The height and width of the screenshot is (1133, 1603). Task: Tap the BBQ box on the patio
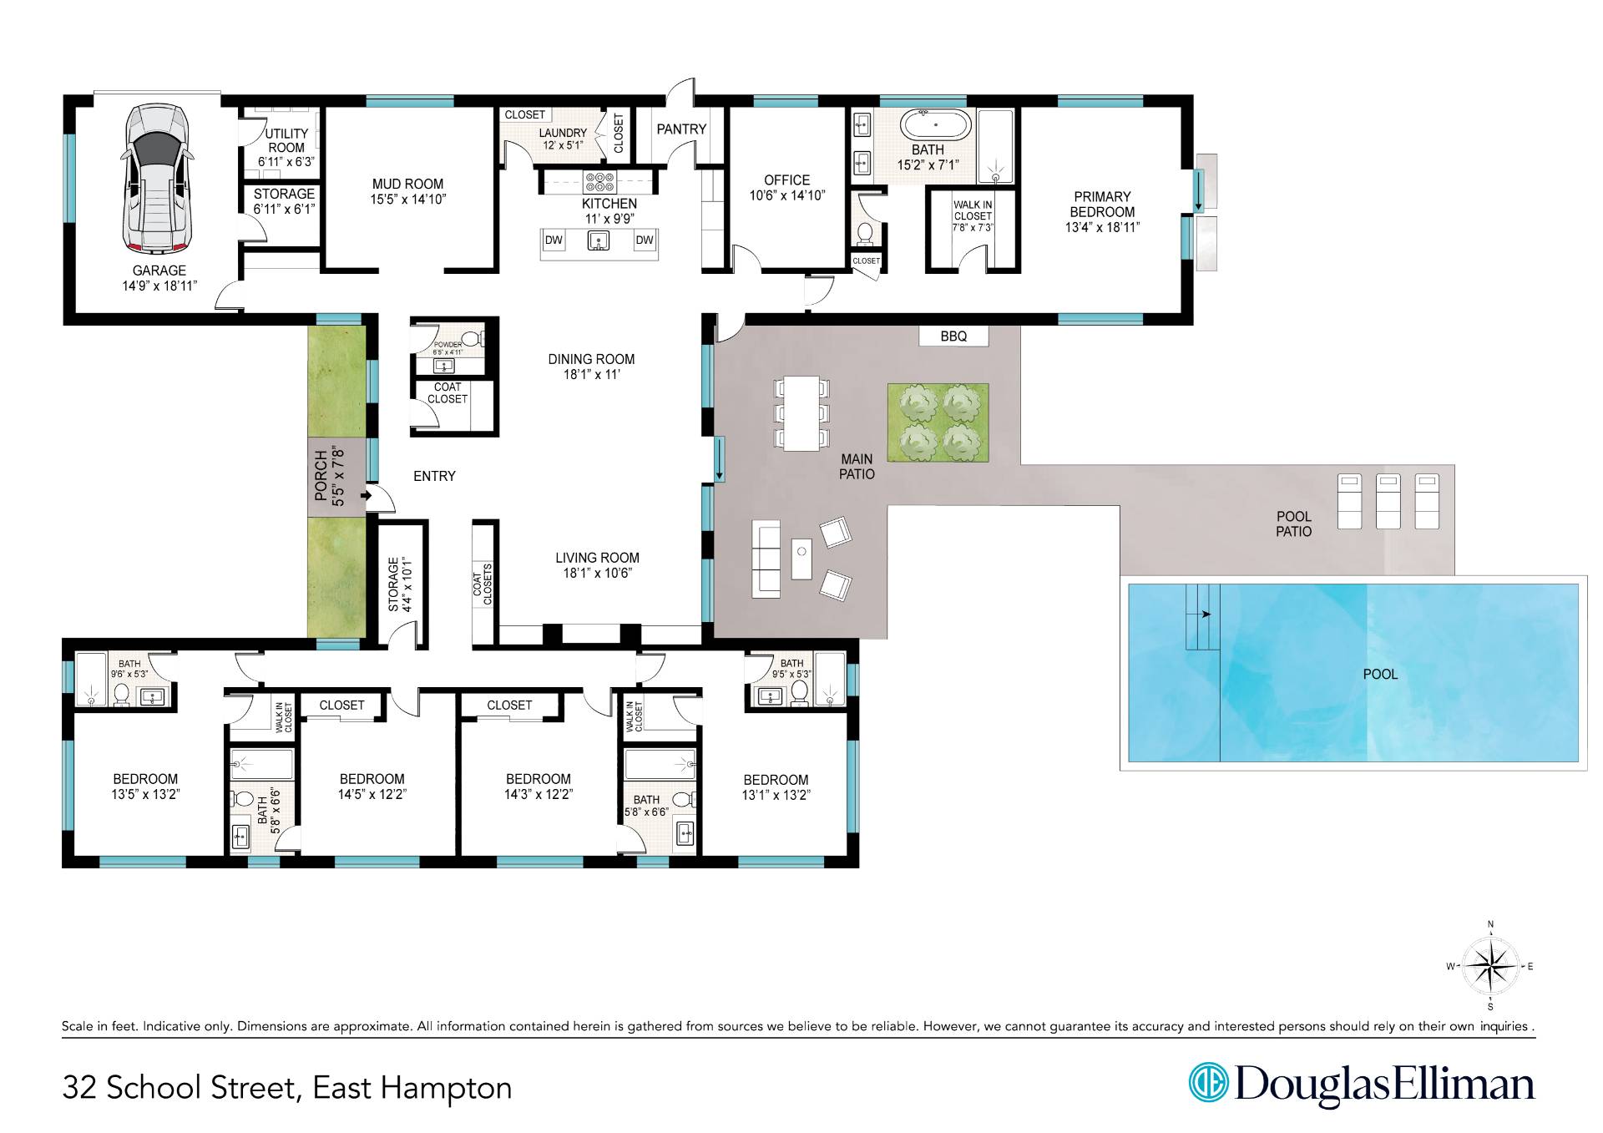pos(953,336)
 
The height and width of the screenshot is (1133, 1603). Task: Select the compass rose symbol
pos(1490,966)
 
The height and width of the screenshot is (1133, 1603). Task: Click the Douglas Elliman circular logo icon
pos(1207,1083)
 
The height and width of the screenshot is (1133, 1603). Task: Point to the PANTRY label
pos(681,129)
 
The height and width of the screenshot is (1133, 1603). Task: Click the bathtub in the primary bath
pos(935,125)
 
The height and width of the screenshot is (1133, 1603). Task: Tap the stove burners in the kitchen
pos(599,182)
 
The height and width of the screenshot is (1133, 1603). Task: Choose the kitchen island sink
pos(599,241)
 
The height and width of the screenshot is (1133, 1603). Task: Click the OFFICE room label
pos(786,180)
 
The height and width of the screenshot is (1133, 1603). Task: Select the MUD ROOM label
pos(407,184)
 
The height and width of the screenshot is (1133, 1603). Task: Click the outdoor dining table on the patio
pos(802,413)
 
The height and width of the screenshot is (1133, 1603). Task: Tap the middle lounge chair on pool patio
pos(1388,501)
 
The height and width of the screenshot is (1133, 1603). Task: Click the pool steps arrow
pos(1203,615)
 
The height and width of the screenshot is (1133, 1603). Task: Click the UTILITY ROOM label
pos(286,140)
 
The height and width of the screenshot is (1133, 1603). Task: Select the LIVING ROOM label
pos(598,558)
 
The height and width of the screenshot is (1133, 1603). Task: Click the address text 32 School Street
pos(180,1088)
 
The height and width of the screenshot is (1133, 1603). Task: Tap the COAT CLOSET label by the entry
pos(448,392)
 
